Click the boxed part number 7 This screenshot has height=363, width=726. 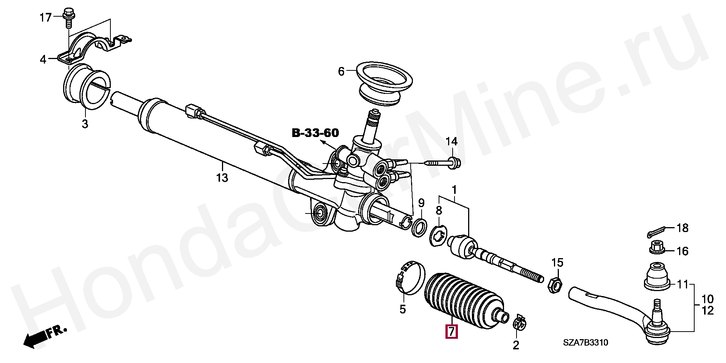451,331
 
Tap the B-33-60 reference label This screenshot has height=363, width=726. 315,133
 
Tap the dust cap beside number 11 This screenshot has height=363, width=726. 657,278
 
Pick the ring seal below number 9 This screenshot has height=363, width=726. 419,227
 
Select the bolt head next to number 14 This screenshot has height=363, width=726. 454,163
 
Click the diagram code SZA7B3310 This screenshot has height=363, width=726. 585,343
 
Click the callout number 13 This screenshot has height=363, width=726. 222,178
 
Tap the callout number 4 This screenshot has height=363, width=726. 43,59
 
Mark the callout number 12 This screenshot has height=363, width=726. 707,311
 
